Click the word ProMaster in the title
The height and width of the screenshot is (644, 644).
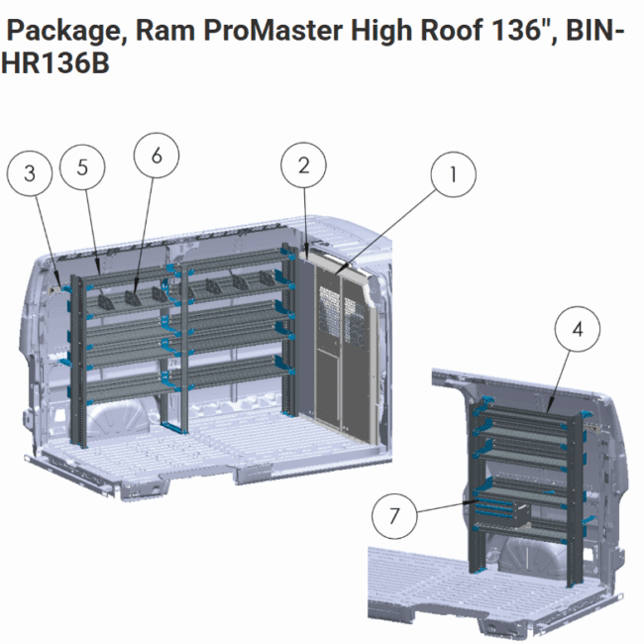pos(272,30)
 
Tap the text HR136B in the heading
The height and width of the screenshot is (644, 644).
pos(55,63)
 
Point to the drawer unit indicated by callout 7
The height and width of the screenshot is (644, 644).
pos(502,512)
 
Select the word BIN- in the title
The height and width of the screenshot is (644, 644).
pos(595,30)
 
